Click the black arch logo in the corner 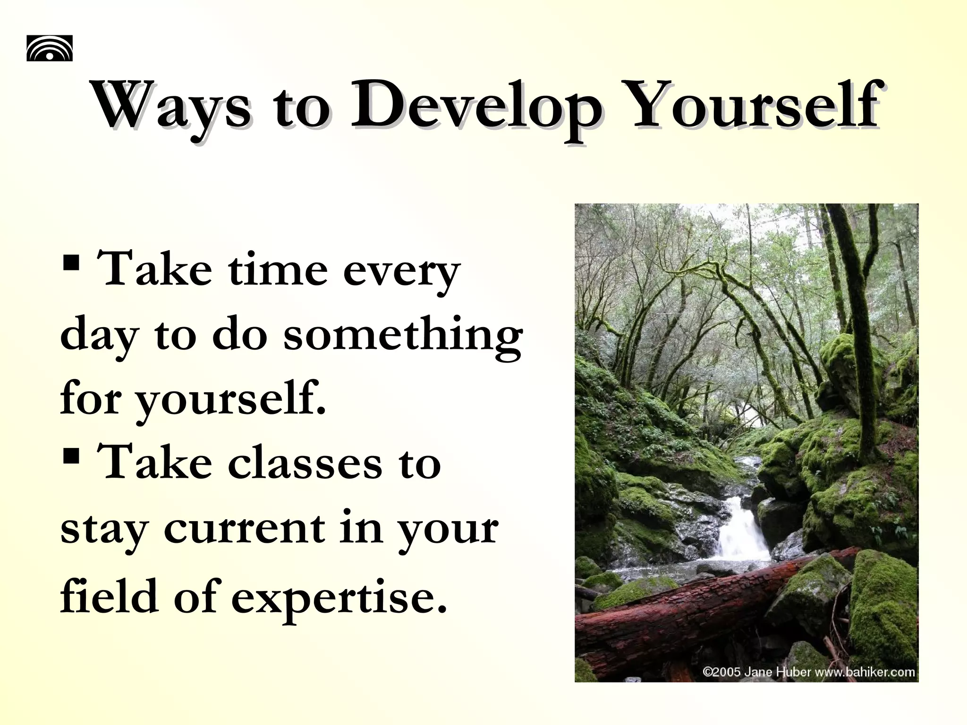pos(50,48)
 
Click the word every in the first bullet pos(401,272)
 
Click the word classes pos(305,464)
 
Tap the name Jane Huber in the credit pos(777,672)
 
